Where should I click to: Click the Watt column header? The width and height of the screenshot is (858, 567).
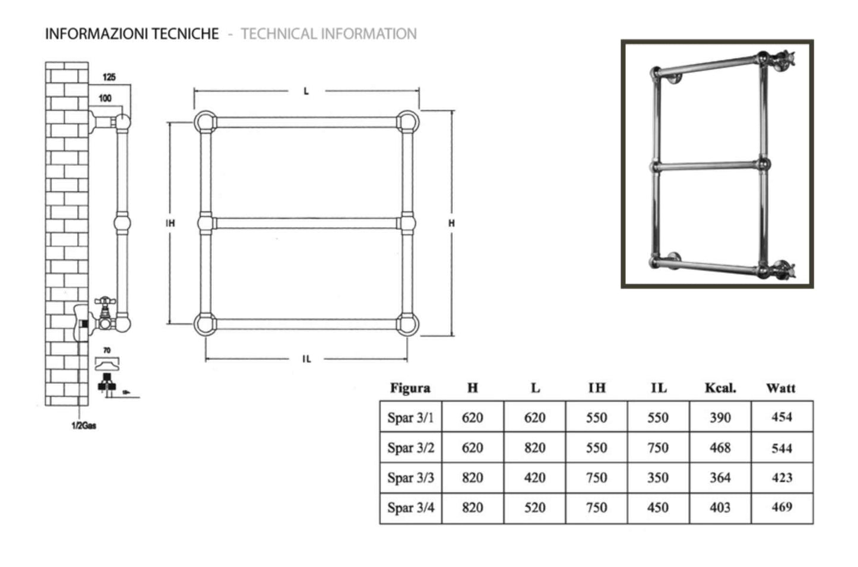[781, 388]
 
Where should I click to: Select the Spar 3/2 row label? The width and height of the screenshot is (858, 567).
[410, 448]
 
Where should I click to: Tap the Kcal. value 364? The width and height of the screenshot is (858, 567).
[720, 477]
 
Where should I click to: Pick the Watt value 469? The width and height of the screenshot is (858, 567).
[781, 507]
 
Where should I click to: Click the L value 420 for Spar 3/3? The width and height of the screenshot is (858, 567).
[534, 477]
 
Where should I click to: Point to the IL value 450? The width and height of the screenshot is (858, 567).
[658, 508]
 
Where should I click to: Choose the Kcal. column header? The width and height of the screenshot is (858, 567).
[720, 388]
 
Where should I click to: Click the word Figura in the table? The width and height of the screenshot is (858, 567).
[410, 388]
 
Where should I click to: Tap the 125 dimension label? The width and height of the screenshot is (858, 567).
[109, 77]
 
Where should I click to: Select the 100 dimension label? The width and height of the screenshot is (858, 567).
[105, 98]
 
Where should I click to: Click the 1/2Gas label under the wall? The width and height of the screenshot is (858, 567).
[83, 426]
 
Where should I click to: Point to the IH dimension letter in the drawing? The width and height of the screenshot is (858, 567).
[170, 223]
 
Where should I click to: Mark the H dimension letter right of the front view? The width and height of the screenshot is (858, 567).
[452, 223]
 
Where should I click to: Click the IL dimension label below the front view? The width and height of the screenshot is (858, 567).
[306, 359]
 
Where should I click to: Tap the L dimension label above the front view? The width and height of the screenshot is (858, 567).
[306, 91]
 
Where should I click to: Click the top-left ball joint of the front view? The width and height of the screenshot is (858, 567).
[205, 122]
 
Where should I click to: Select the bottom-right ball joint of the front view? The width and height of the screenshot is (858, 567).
[407, 324]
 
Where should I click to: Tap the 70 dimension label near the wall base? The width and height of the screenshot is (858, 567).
[107, 350]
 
